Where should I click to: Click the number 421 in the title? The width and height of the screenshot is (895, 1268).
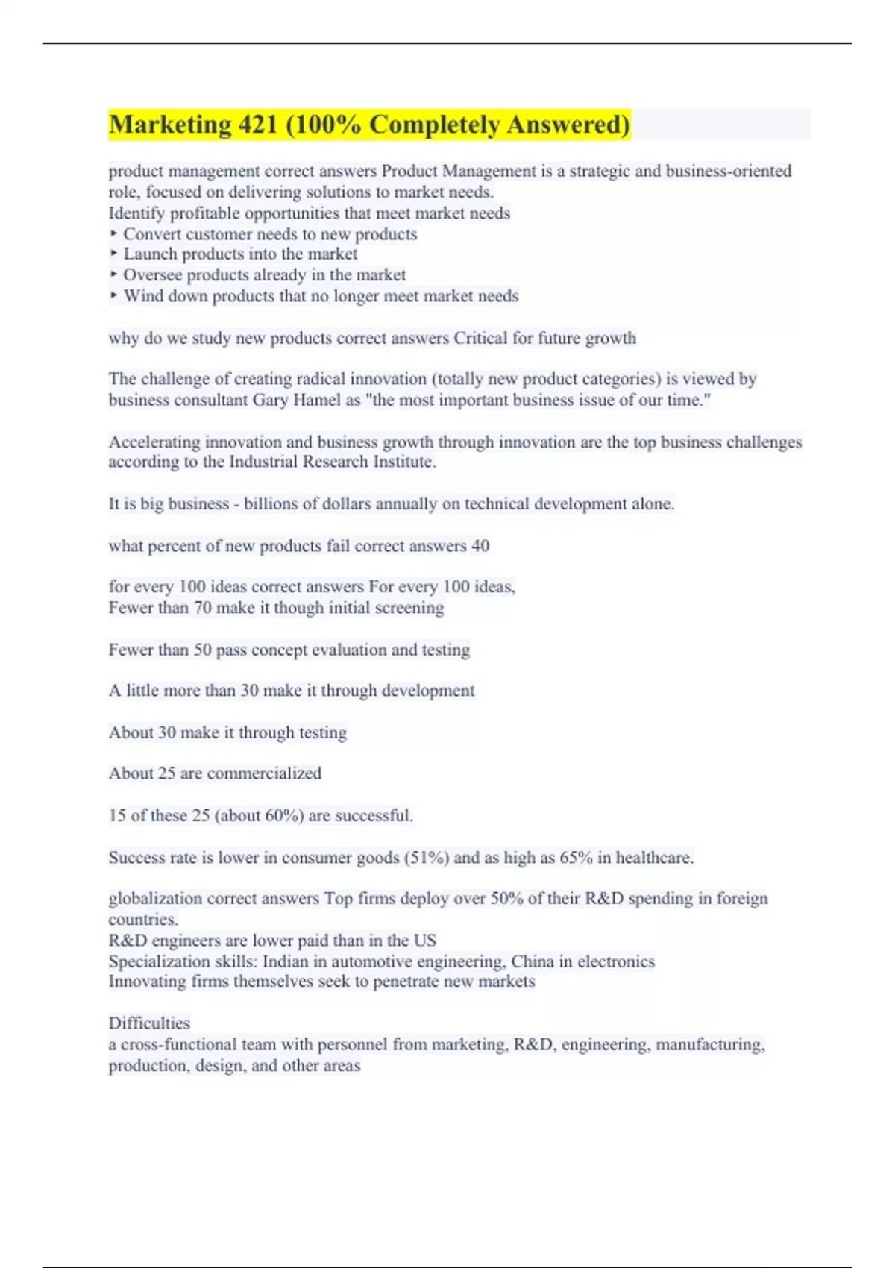(x=257, y=125)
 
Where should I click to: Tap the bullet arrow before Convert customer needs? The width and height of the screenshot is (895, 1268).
(x=113, y=233)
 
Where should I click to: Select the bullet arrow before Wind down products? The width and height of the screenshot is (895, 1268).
(x=113, y=295)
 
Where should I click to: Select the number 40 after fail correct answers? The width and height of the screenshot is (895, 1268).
(x=480, y=545)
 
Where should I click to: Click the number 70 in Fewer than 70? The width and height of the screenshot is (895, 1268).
(x=202, y=607)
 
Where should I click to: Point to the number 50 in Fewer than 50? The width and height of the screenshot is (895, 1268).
(x=202, y=650)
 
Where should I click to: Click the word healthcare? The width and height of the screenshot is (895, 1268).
(x=654, y=858)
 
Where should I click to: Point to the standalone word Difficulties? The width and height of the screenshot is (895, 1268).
(x=149, y=1023)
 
